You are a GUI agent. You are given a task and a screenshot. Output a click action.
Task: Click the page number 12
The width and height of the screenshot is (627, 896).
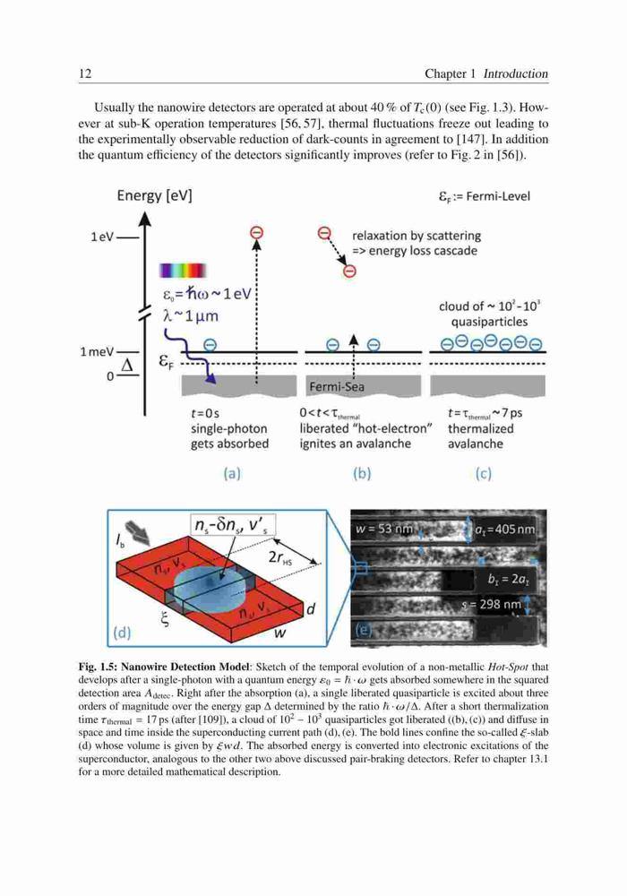tap(85, 73)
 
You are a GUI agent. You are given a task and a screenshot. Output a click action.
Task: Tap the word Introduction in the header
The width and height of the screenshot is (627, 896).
tap(516, 73)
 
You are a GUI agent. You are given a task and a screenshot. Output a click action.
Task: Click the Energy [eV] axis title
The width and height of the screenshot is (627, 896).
tap(154, 196)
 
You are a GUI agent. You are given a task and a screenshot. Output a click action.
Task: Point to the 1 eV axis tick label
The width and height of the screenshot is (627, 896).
tap(102, 237)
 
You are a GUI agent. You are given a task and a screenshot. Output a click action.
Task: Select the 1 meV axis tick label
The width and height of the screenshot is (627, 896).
tap(97, 351)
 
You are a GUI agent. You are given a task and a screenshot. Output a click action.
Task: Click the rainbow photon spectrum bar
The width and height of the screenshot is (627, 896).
tap(183, 271)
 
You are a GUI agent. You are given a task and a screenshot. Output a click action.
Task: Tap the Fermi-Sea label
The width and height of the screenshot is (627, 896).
tap(337, 387)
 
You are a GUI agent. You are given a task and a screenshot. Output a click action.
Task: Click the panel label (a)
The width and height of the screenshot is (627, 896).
tap(232, 473)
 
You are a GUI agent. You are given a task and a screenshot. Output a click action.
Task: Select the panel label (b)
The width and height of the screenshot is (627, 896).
tap(362, 473)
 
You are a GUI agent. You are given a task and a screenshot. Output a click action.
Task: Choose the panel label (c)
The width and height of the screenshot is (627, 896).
tap(483, 473)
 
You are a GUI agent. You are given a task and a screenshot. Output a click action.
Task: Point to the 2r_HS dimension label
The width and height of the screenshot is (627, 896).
tap(279, 558)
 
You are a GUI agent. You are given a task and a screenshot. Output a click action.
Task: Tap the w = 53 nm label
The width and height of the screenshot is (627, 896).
tap(383, 530)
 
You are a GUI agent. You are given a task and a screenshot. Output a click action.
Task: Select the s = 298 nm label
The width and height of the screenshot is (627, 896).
tap(491, 604)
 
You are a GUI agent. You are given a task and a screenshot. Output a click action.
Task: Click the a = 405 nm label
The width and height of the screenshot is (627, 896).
tap(505, 530)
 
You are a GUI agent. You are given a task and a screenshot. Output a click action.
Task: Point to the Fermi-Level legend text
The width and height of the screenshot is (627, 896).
tap(485, 196)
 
